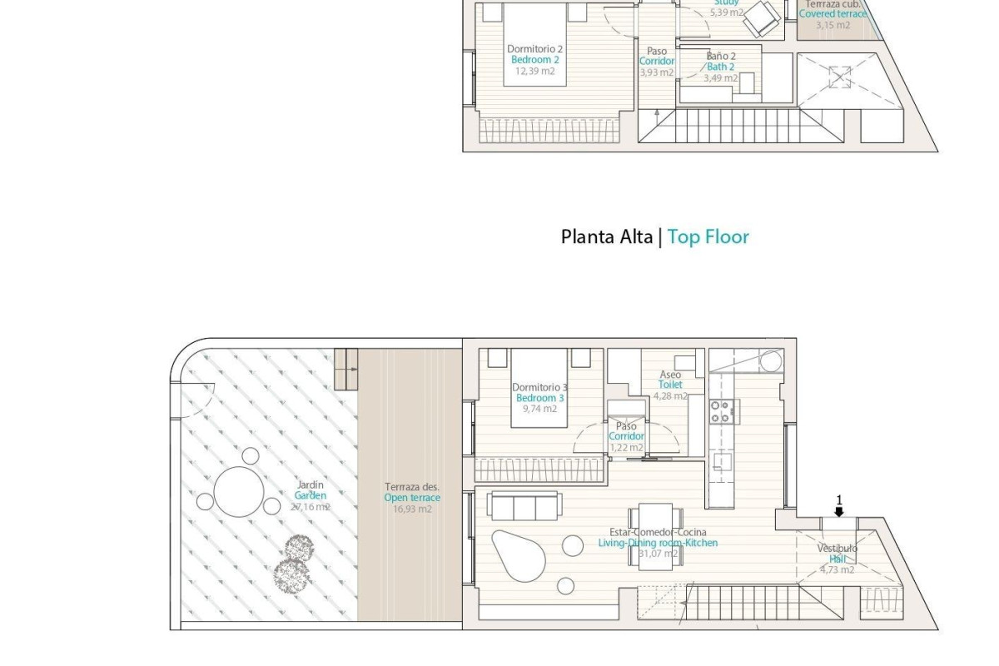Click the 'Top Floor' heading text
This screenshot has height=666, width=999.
[x=708, y=237]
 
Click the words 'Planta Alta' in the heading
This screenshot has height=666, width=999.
[x=606, y=237]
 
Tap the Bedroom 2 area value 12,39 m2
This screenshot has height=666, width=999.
[x=534, y=72]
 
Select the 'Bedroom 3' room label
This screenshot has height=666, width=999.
[x=539, y=399]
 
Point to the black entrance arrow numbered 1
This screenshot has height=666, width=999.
[x=839, y=511]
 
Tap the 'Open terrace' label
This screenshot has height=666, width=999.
[x=412, y=499]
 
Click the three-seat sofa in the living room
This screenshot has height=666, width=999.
[x=524, y=505]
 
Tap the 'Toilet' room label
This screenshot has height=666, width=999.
[x=670, y=385]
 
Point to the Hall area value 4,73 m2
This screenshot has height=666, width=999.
[x=837, y=570]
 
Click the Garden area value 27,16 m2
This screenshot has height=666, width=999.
[x=310, y=507]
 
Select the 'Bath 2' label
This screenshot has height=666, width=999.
[x=720, y=67]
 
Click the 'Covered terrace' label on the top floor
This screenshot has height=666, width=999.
[x=832, y=14]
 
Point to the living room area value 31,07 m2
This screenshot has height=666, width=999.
[x=658, y=553]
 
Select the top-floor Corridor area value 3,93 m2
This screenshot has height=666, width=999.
[x=656, y=72]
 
